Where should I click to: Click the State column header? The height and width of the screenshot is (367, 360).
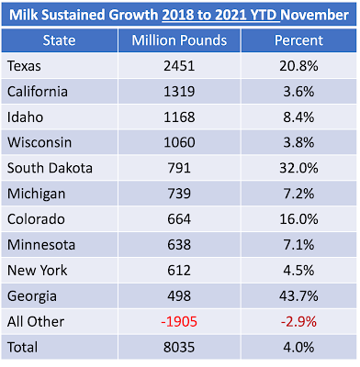click(59, 40)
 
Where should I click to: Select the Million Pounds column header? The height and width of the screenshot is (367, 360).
click(179, 40)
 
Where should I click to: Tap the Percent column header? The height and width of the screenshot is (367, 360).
click(298, 40)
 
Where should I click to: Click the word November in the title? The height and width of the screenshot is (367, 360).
click(315, 15)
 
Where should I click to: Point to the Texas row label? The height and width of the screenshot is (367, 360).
click(24, 66)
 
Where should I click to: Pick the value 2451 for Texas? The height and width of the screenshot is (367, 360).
click(179, 66)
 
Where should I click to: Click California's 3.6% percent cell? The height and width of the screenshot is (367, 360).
click(298, 92)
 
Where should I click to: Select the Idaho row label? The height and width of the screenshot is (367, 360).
click(25, 117)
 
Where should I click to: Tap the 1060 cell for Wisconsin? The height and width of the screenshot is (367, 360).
click(179, 142)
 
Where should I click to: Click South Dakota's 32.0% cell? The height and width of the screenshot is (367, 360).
click(298, 168)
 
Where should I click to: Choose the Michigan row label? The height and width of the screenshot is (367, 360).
click(36, 194)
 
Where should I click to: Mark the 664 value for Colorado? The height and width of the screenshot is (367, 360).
click(179, 219)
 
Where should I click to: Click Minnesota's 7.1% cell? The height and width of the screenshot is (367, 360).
click(298, 245)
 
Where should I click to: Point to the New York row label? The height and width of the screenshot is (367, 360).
click(37, 271)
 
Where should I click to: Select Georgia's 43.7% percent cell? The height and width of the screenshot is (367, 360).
click(298, 295)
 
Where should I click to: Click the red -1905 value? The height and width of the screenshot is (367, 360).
click(179, 321)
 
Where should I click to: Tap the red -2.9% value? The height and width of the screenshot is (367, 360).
click(298, 321)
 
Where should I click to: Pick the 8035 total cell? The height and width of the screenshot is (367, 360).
click(179, 347)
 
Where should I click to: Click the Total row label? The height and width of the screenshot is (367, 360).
click(23, 347)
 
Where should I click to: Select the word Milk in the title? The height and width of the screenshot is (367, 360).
click(24, 15)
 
